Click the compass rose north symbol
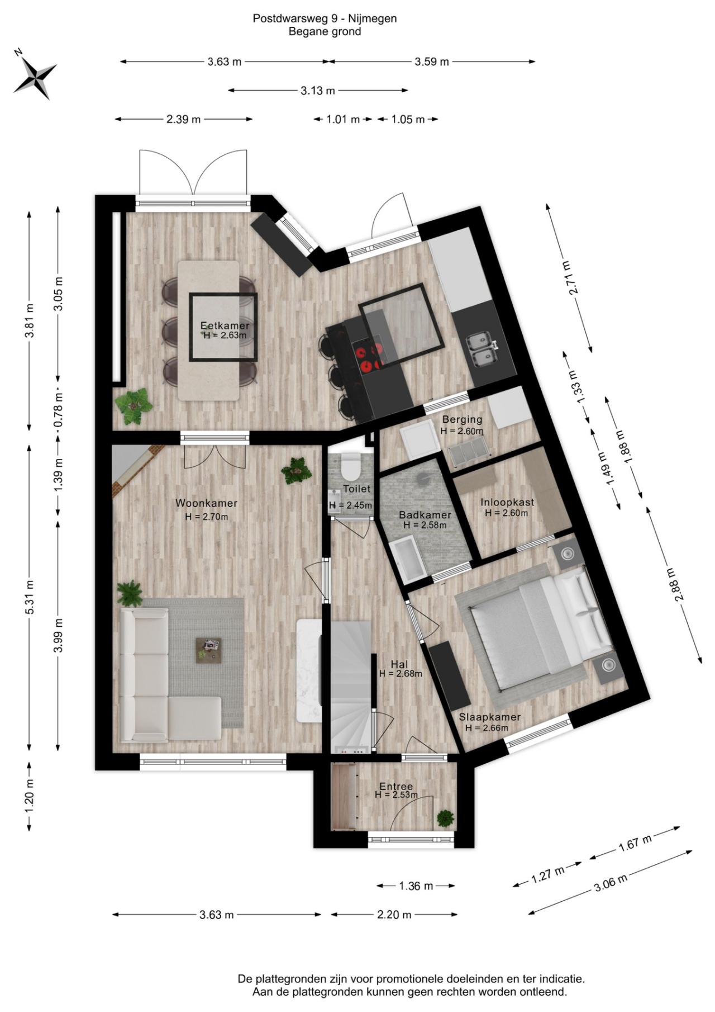[35, 74]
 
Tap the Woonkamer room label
[206, 503]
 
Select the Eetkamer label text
[225, 325]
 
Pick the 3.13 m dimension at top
[318, 91]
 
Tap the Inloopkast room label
[507, 502]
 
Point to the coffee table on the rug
[208, 650]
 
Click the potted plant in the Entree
[445, 818]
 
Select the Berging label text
[462, 419]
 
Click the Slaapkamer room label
[490, 717]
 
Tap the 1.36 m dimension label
[416, 886]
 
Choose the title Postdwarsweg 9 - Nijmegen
[325, 18]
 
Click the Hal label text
[399, 664]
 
